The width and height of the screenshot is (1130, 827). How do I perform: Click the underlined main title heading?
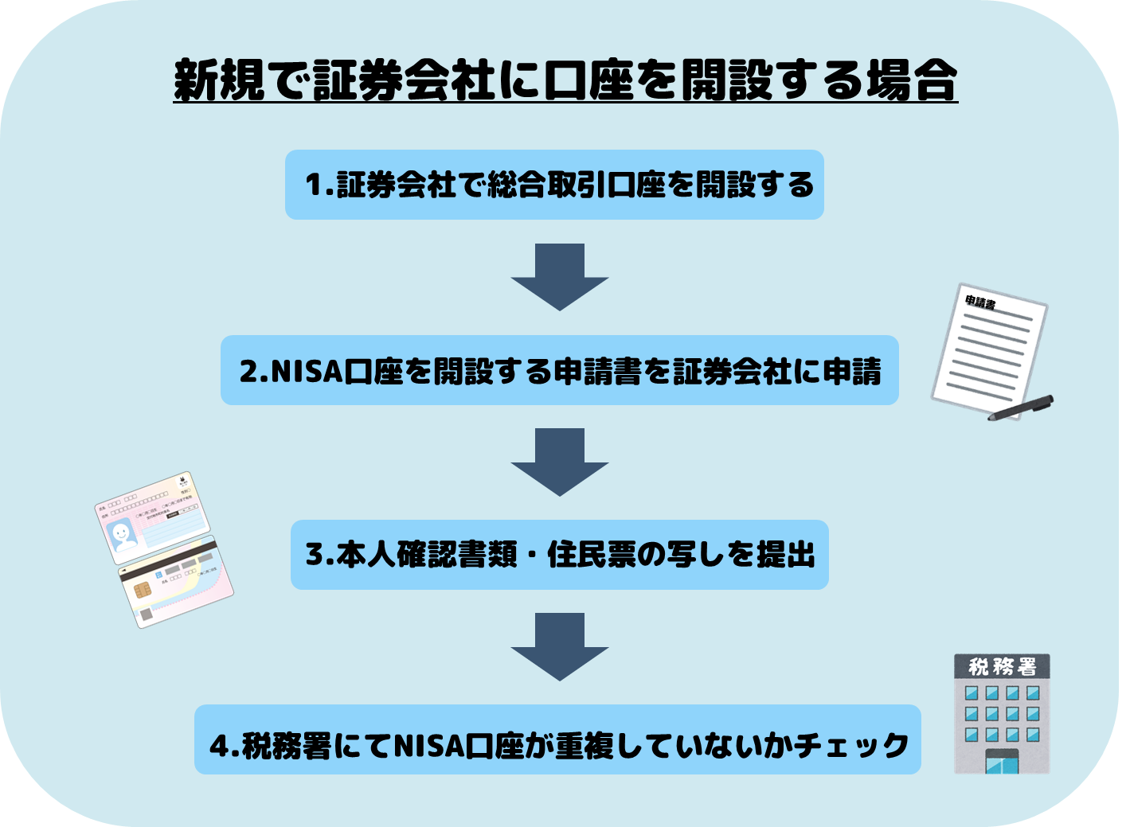(565, 80)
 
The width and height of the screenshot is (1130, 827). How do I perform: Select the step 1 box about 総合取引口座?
(554, 185)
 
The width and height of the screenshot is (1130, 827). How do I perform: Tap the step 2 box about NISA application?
(559, 370)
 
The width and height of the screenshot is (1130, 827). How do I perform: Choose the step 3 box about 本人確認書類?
(559, 555)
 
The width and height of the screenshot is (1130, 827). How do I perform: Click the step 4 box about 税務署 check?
(557, 740)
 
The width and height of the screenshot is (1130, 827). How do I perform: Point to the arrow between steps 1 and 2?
(559, 276)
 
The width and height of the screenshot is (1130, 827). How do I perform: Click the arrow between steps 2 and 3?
(559, 462)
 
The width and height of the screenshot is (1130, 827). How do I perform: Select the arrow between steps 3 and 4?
(559, 646)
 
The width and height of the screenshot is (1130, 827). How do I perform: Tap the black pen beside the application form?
(1022, 408)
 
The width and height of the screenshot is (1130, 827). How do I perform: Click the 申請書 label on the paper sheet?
(980, 302)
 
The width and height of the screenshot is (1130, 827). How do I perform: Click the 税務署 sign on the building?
(1002, 666)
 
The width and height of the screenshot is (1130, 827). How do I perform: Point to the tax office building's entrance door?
(1001, 762)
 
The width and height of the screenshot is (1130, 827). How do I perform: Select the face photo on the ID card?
(123, 534)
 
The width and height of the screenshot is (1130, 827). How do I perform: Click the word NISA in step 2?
(307, 371)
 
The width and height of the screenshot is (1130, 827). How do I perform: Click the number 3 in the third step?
(314, 555)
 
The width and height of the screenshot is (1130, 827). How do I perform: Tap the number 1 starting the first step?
(313, 185)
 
